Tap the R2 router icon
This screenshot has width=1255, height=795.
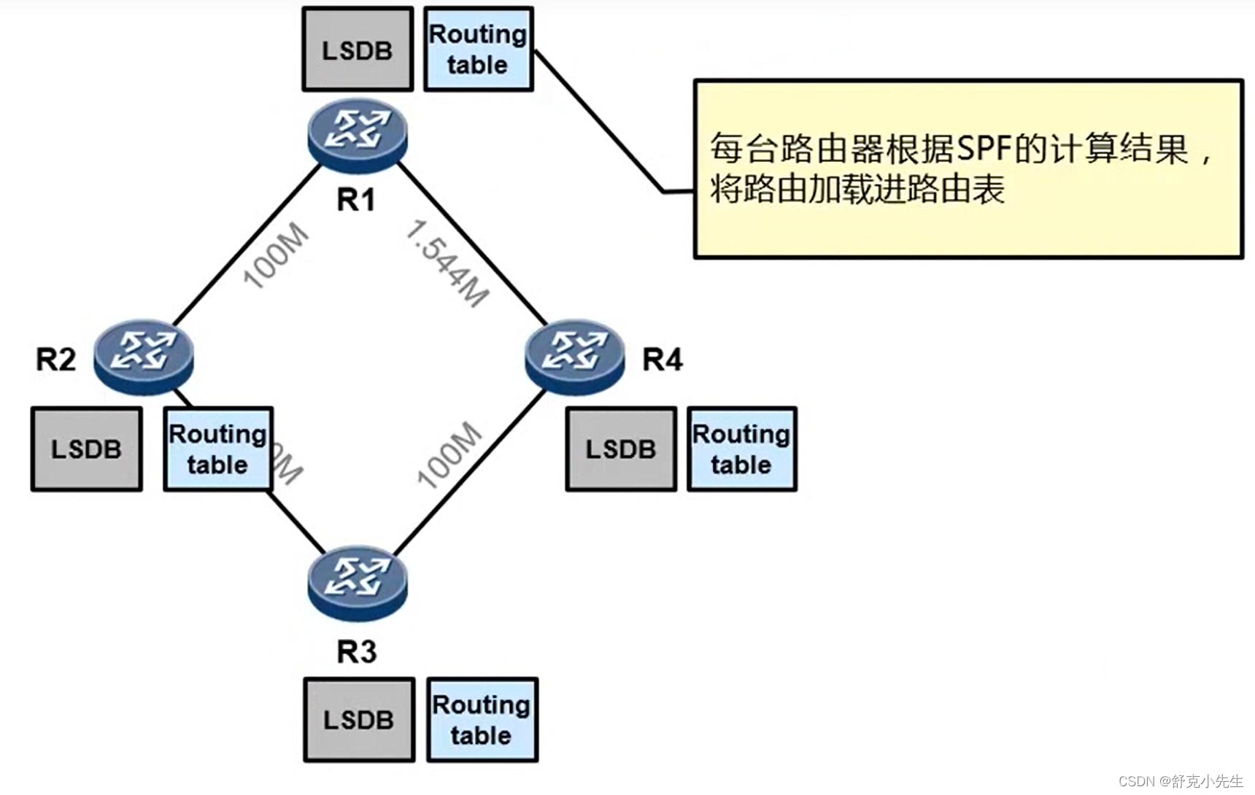click(x=144, y=355)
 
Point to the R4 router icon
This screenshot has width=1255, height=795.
click(x=575, y=355)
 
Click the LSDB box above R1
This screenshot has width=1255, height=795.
click(x=358, y=50)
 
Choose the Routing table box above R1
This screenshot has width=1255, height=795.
click(x=479, y=50)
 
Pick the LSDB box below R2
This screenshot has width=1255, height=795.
click(x=86, y=449)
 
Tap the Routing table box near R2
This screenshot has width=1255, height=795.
click(x=218, y=449)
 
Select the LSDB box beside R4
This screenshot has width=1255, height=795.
click(x=621, y=449)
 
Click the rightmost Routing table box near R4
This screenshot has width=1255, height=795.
click(x=741, y=449)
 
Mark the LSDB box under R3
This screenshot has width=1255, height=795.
click(x=359, y=720)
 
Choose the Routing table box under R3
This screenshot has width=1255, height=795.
click(x=482, y=720)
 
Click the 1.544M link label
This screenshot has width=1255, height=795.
click(x=447, y=263)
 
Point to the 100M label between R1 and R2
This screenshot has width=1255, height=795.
click(x=276, y=255)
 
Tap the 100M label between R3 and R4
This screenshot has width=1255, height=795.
click(x=449, y=454)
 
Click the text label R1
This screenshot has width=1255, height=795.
click(x=356, y=200)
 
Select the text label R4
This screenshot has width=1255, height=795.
click(x=662, y=360)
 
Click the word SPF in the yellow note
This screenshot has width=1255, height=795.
click(x=984, y=150)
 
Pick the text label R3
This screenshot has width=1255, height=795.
click(x=356, y=651)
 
